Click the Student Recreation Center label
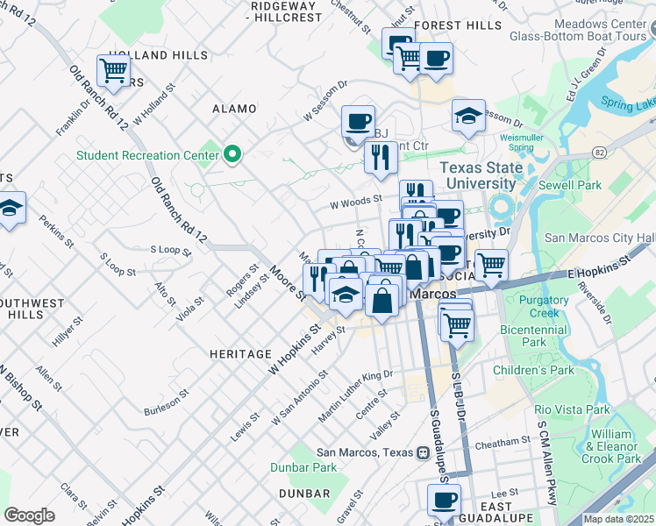pyautogui.click(x=146, y=156)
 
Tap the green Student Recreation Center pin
pyautogui.click(x=232, y=155)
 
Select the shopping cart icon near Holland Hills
pyautogui.click(x=113, y=70)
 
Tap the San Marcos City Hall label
pyautogui.click(x=600, y=238)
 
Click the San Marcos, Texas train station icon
pyautogui.click(x=422, y=452)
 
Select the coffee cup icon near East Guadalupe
pyautogui.click(x=444, y=501)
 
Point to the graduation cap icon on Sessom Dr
pyautogui.click(x=469, y=116)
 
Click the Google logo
pyautogui.click(x=30, y=515)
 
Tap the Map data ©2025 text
pyautogui.click(x=619, y=519)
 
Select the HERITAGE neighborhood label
pyautogui.click(x=240, y=354)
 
